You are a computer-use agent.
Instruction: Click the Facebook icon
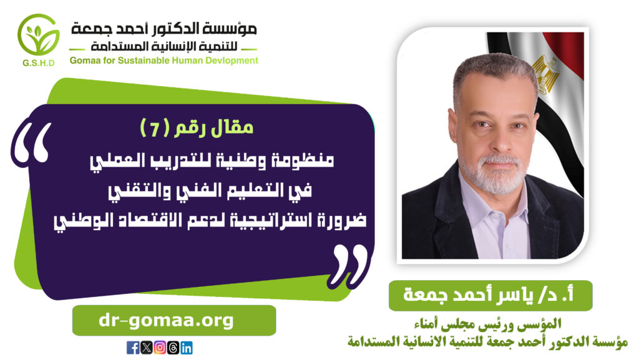(133, 348)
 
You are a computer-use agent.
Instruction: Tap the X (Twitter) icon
(146, 348)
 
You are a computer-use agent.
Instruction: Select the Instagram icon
(160, 348)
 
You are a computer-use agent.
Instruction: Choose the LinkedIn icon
(186, 348)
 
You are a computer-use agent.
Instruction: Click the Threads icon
(173, 348)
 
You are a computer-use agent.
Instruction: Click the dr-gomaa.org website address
(166, 321)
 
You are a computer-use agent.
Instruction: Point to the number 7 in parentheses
(155, 129)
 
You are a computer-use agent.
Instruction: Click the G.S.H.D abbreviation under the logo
(38, 63)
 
